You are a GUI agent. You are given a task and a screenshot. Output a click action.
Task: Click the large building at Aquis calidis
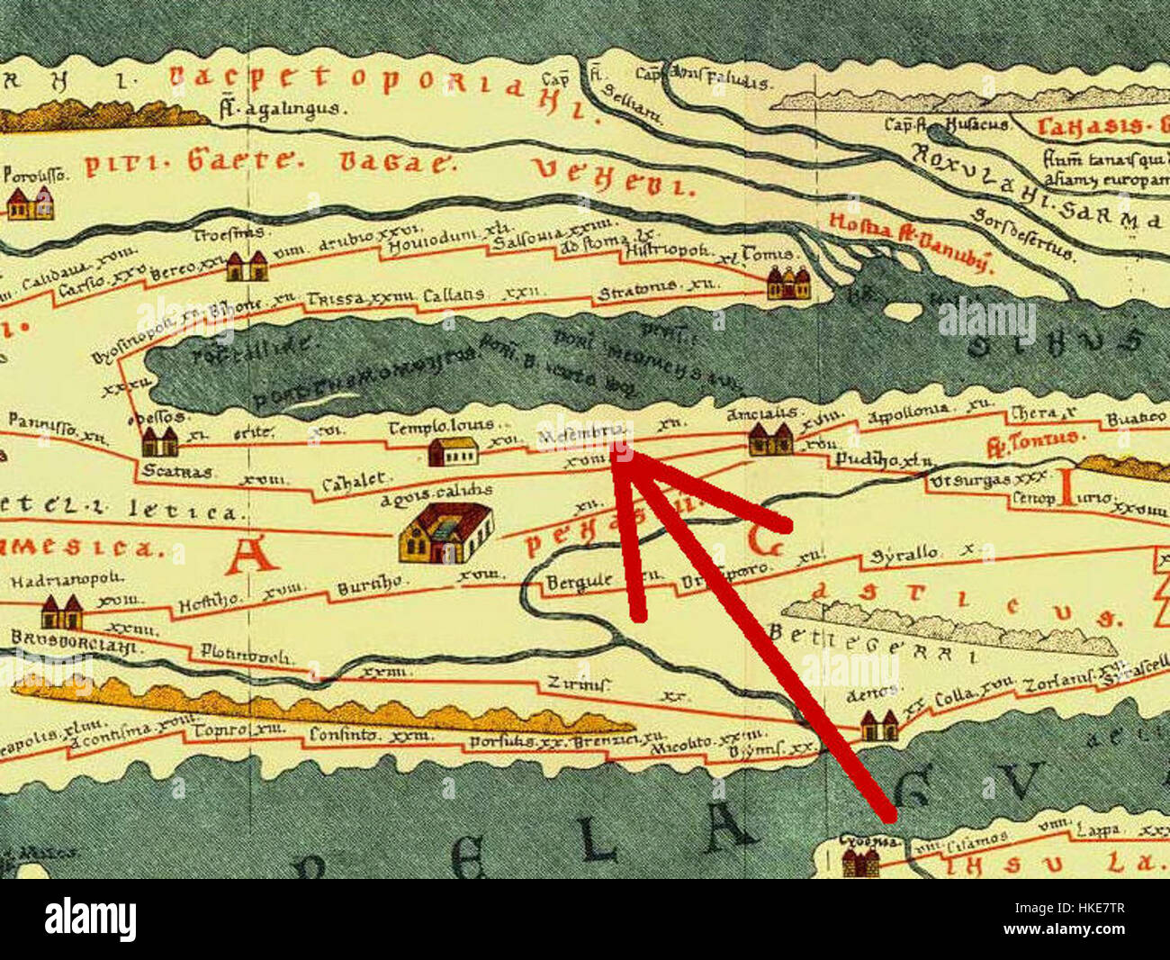[446, 532]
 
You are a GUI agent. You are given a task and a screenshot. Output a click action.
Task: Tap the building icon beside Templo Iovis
[453, 450]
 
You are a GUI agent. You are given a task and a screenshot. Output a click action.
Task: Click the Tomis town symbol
[788, 283]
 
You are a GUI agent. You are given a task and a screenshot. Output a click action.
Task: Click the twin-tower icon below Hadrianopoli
[61, 613]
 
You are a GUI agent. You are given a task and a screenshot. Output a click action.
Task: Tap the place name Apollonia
[909, 409]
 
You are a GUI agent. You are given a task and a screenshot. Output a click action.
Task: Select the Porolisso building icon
[30, 204]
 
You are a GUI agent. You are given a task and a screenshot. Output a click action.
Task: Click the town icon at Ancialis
[770, 439]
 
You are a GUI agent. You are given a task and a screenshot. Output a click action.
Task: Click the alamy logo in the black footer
[90, 919]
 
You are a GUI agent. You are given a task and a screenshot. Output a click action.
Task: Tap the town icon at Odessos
[159, 441]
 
